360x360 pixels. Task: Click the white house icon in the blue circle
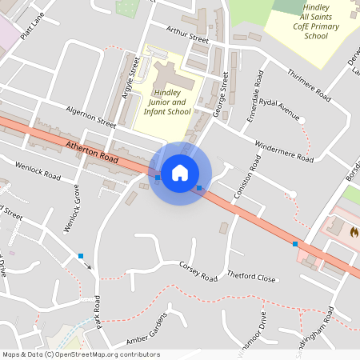click(x=180, y=173)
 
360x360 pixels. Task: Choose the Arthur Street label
click(x=187, y=34)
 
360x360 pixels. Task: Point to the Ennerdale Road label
click(x=254, y=93)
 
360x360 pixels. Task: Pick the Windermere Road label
click(x=283, y=151)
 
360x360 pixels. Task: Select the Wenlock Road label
click(x=39, y=169)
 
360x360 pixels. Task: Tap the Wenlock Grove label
click(x=73, y=210)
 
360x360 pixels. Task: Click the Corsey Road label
click(x=198, y=271)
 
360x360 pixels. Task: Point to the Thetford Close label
click(x=251, y=278)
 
